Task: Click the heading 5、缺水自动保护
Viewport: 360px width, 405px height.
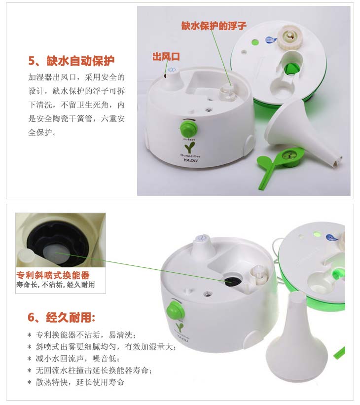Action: pos(72,61)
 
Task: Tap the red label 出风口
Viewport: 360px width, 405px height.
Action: pos(166,57)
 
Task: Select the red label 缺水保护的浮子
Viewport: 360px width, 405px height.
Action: pos(214,26)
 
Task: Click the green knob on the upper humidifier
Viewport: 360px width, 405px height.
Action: pos(188,128)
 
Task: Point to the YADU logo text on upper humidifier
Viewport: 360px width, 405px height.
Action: pos(190,160)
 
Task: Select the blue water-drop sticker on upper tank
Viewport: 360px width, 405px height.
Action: pos(271,40)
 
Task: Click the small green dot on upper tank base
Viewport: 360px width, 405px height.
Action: pos(255,41)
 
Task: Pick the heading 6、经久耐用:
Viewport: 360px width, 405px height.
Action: pos(61,318)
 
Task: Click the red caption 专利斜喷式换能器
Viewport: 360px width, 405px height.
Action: pos(53,275)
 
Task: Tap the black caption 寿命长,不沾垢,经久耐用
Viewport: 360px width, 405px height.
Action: pos(56,285)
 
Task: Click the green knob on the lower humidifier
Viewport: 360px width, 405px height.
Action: pos(175,311)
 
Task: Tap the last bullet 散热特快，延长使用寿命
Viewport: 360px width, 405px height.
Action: pos(75,382)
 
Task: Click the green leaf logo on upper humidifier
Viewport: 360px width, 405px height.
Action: pos(190,147)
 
